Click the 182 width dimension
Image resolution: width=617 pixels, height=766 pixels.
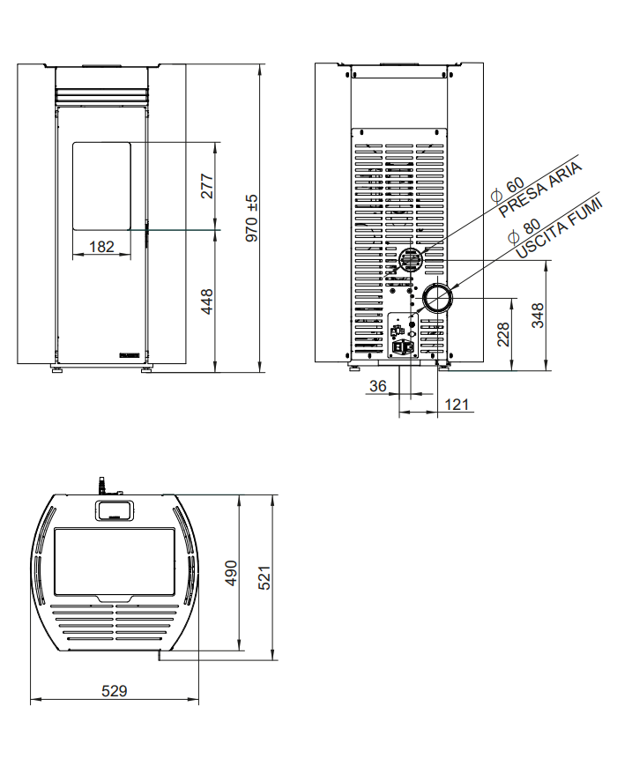pyautogui.click(x=102, y=247)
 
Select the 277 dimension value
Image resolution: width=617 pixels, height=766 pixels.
pyautogui.click(x=208, y=186)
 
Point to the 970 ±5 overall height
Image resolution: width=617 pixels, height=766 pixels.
pyautogui.click(x=252, y=219)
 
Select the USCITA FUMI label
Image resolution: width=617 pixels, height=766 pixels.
pyautogui.click(x=561, y=230)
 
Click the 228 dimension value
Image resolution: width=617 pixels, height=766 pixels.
pyautogui.click(x=502, y=335)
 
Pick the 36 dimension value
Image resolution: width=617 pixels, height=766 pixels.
pyautogui.click(x=377, y=385)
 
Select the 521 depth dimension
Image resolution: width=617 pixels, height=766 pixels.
pyautogui.click(x=264, y=577)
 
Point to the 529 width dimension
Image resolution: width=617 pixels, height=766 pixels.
pyautogui.click(x=114, y=691)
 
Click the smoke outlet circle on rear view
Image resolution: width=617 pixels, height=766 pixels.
pyautogui.click(x=437, y=299)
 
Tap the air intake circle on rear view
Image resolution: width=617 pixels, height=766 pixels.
pyautogui.click(x=409, y=260)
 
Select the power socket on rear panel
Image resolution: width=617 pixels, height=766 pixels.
pyautogui.click(x=401, y=346)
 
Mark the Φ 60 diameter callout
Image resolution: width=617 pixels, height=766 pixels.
pyautogui.click(x=506, y=188)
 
